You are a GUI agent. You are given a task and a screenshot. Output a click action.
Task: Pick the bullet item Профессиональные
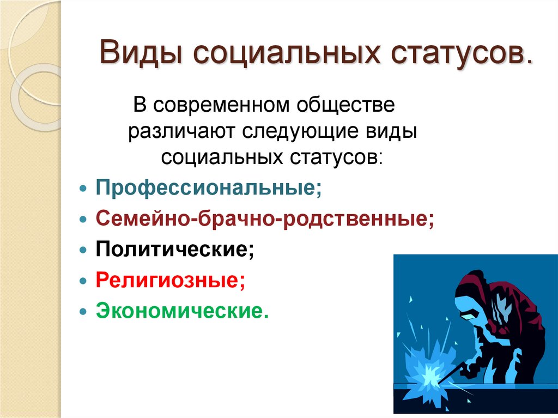click(x=209, y=187)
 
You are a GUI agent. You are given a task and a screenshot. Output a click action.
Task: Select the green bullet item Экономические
click(x=183, y=311)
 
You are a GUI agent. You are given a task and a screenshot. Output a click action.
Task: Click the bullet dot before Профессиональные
click(x=83, y=188)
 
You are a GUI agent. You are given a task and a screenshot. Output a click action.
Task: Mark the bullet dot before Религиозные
click(x=83, y=281)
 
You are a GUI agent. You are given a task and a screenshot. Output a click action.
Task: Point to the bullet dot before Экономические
click(x=83, y=312)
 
